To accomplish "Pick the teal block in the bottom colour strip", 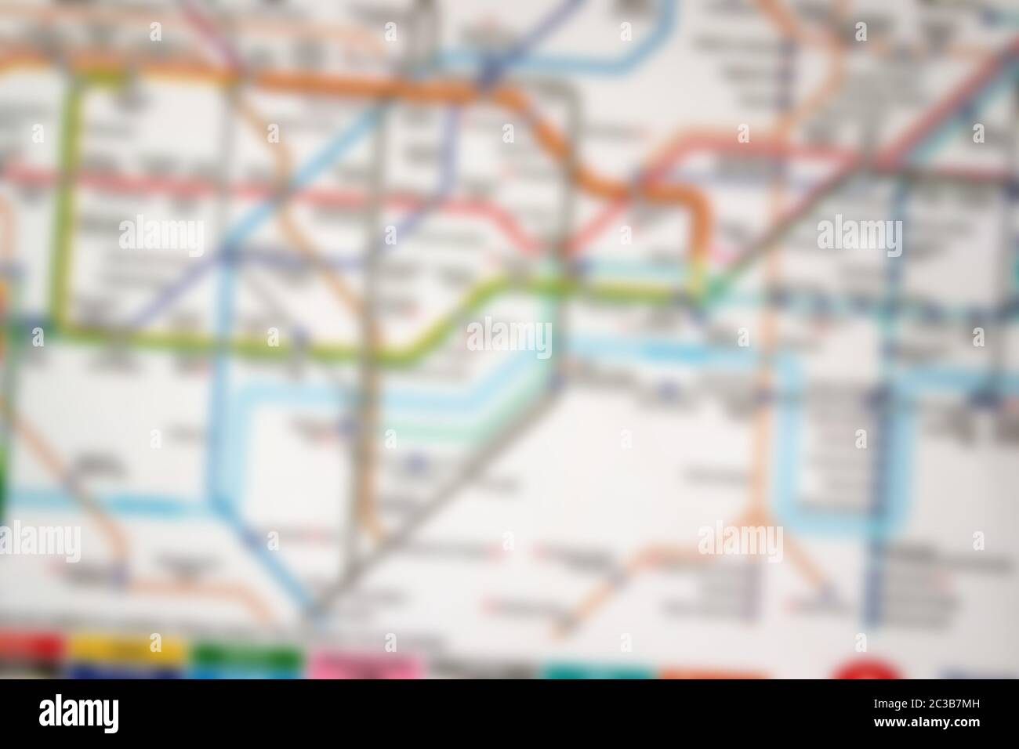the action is (597, 672).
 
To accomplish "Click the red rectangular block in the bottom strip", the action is (30, 647).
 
